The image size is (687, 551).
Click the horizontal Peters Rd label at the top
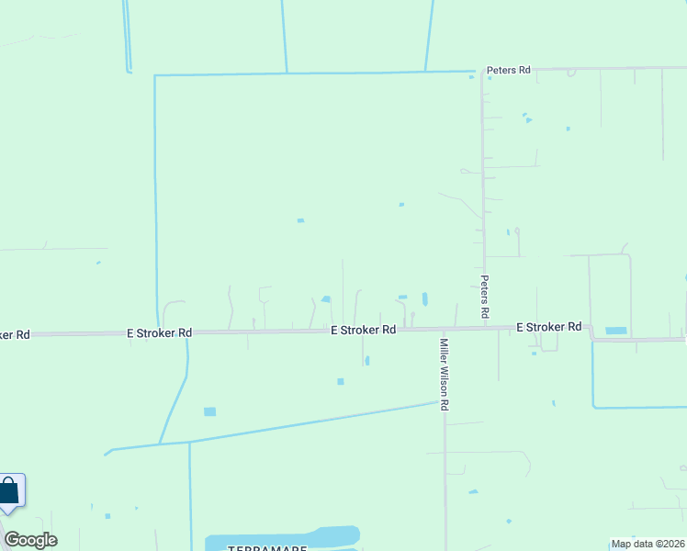pyautogui.click(x=509, y=70)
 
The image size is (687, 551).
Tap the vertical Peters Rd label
pyautogui.click(x=484, y=296)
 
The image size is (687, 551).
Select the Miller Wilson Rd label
pyautogui.click(x=444, y=374)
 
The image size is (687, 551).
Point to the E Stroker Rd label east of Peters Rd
pyautogui.click(x=548, y=327)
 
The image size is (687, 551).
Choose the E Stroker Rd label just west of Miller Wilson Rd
pyautogui.click(x=363, y=330)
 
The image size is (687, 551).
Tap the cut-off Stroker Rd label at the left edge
pyautogui.click(x=15, y=334)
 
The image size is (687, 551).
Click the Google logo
pyautogui.click(x=30, y=540)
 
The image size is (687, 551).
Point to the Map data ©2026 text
pyautogui.click(x=647, y=544)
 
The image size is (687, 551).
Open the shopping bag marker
pyautogui.click(x=10, y=491)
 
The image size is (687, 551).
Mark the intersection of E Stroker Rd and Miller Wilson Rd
pyautogui.click(x=444, y=329)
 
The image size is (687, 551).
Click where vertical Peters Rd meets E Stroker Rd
pyautogui.click(x=484, y=327)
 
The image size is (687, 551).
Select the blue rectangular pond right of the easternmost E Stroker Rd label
pyautogui.click(x=615, y=331)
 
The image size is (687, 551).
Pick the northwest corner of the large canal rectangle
pyautogui.click(x=155, y=75)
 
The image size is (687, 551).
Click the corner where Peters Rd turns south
pyautogui.click(x=483, y=71)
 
